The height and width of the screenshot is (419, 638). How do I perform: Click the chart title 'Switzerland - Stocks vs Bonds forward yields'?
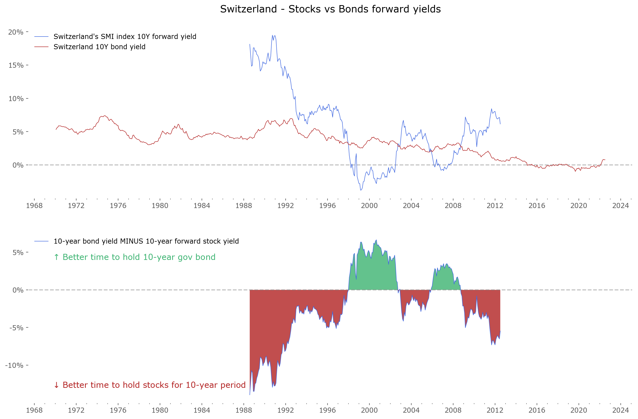330,9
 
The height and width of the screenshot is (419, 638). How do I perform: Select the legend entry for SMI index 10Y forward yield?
125,37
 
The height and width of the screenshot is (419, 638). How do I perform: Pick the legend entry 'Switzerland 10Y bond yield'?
99,47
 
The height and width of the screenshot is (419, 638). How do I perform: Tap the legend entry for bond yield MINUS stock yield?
146,241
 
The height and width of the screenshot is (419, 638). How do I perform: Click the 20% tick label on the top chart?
16,32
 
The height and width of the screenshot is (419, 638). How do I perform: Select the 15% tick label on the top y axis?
16,66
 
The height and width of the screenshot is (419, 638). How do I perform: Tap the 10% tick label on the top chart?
16,99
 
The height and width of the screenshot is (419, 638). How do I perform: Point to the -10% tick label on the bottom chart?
14,365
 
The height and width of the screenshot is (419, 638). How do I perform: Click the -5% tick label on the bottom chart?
16,328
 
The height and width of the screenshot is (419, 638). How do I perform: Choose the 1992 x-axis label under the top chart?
285,206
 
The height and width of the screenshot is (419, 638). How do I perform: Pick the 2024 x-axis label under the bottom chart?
620,410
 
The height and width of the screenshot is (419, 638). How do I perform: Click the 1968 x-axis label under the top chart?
34,206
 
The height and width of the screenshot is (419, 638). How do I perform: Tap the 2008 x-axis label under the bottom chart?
453,410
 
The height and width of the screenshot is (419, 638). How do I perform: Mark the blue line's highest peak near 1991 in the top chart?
272,35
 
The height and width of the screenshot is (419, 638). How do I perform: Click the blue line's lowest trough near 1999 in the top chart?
361,190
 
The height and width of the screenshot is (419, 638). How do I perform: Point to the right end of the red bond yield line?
605,160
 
